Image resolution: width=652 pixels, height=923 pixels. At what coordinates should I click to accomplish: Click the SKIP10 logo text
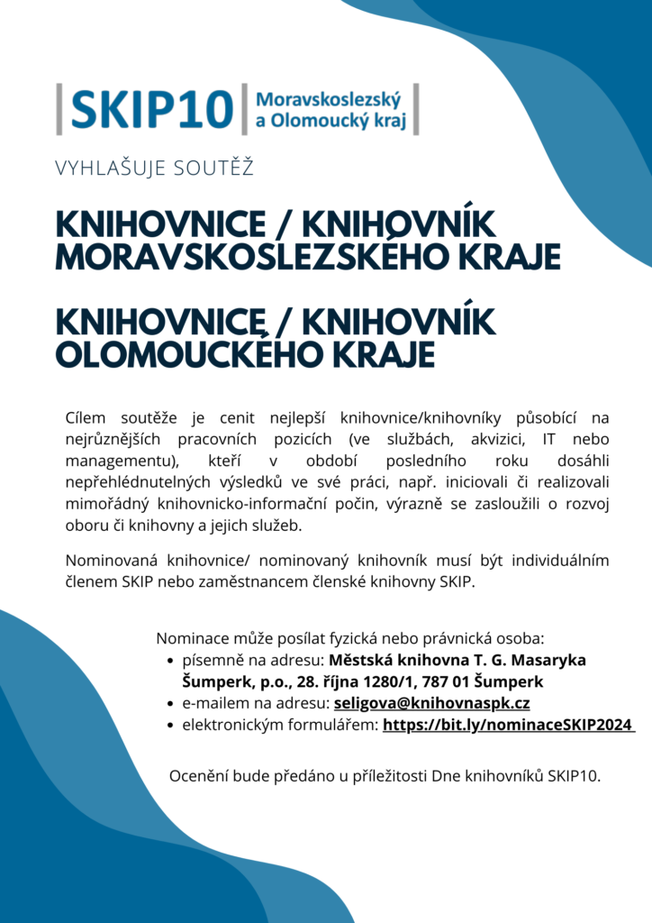click(151, 109)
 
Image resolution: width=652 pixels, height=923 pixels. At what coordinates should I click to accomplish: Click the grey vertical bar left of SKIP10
click(59, 109)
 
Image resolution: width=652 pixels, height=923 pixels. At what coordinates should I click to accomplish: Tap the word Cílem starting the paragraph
click(86, 417)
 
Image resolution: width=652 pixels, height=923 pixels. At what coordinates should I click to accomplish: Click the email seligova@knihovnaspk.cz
click(431, 704)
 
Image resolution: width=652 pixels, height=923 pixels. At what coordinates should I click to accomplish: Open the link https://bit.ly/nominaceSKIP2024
click(508, 726)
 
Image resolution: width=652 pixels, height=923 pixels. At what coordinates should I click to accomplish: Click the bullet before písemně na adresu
click(171, 661)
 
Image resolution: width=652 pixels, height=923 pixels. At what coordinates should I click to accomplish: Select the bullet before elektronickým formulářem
click(171, 726)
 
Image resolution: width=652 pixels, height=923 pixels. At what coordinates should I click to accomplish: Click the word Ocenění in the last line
click(200, 775)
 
